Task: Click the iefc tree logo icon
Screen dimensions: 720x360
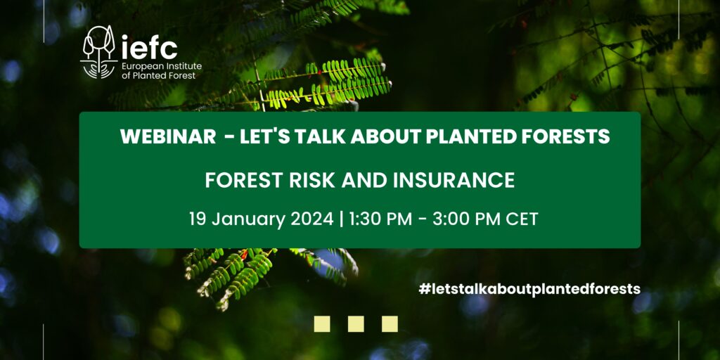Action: pos(98,52)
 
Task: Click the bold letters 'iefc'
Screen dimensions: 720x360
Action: pos(149,47)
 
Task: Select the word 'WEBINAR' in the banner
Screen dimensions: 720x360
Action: pos(167,136)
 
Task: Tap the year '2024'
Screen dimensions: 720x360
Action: pos(312,219)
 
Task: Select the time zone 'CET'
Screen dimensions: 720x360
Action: pos(522,219)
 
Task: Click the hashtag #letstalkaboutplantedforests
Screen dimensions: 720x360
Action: pos(529,289)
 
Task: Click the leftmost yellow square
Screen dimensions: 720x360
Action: pos(322,323)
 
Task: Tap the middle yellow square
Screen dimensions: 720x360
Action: pos(356,323)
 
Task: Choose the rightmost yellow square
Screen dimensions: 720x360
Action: pos(390,323)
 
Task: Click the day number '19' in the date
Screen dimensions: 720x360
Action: pos(198,219)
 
